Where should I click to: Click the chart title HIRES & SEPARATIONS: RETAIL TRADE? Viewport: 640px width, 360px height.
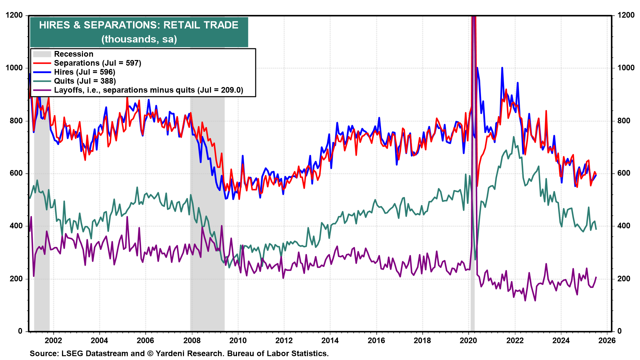point(139,25)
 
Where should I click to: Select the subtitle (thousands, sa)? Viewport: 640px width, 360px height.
point(139,39)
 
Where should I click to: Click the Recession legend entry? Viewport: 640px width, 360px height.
point(73,54)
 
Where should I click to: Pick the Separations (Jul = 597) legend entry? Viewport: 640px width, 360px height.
point(97,63)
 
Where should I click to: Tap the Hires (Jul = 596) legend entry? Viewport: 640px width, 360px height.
point(84,72)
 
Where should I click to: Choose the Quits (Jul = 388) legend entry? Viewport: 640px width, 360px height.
point(85,81)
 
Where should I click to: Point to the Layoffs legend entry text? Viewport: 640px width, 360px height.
point(148,90)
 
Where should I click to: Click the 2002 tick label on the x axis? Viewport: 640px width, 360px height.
point(53,340)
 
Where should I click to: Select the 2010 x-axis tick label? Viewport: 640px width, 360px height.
point(238,340)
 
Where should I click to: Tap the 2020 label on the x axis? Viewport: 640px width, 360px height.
point(469,340)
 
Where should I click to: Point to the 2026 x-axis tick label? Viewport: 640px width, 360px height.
point(607,340)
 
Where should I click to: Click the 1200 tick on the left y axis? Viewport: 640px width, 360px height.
point(14,15)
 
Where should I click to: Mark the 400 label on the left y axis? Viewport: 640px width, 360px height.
point(16,226)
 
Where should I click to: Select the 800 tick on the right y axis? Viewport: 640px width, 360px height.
point(624,121)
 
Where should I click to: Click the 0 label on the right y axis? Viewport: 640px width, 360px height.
point(619,331)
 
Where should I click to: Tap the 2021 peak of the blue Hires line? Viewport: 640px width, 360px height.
point(502,68)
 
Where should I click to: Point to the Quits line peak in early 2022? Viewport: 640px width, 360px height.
point(514,137)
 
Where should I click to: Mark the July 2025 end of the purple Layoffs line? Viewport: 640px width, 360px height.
point(596,277)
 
